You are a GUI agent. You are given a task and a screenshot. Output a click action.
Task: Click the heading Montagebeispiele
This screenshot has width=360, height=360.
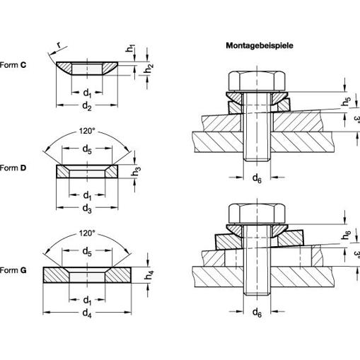pyautogui.click(x=260, y=45)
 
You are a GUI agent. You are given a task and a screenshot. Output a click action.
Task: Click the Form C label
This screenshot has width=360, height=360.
pyautogui.click(x=13, y=65)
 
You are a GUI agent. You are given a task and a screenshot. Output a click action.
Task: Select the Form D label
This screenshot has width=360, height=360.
pyautogui.click(x=13, y=168)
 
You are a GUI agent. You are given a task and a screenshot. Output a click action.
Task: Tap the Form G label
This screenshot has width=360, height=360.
pyautogui.click(x=13, y=270)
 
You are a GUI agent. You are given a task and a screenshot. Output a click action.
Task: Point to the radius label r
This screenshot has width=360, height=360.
pyautogui.click(x=59, y=45)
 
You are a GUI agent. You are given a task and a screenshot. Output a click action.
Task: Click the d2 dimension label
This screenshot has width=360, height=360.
pyautogui.click(x=87, y=106)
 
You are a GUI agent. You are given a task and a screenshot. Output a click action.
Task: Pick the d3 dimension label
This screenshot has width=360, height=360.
pyautogui.click(x=87, y=209)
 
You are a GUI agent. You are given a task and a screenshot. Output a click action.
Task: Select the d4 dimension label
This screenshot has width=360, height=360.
pyautogui.click(x=87, y=313)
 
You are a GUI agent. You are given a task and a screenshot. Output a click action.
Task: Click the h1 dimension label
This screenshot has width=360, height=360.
pyautogui.click(x=130, y=48)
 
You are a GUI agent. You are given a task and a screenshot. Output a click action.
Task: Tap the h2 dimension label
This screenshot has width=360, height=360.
pyautogui.click(x=149, y=69)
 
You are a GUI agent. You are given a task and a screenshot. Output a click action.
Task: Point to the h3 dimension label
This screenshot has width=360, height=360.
pyautogui.click(x=136, y=171)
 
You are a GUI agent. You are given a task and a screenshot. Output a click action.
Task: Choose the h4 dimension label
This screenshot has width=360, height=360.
pyautogui.click(x=149, y=275)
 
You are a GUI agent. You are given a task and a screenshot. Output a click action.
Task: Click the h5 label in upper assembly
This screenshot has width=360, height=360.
pyautogui.click(x=346, y=101)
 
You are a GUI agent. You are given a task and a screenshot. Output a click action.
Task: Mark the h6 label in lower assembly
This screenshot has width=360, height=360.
pyautogui.click(x=346, y=235)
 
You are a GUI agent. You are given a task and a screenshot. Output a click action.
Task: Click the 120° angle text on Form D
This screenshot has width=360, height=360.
pyautogui.click(x=87, y=131)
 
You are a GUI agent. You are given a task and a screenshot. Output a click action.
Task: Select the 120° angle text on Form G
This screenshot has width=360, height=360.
pyautogui.click(x=87, y=233)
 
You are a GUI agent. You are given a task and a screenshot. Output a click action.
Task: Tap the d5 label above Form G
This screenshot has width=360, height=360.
pyautogui.click(x=87, y=252)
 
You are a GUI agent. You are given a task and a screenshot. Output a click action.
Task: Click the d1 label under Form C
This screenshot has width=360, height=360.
pyautogui.click(x=87, y=93)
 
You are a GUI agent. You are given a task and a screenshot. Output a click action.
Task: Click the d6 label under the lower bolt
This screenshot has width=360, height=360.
pyautogui.click(x=257, y=313)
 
